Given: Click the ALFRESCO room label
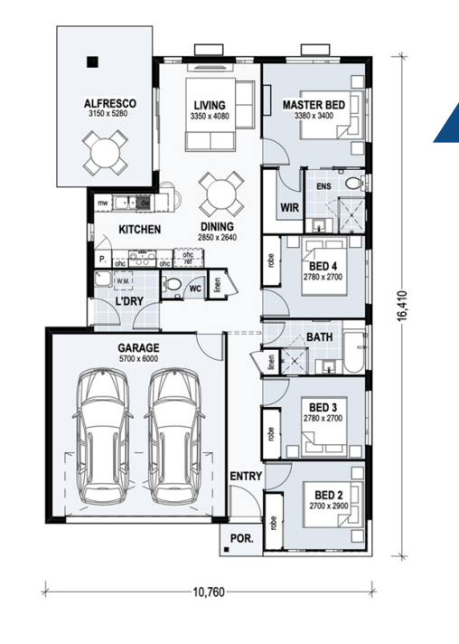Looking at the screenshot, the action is click(x=109, y=103).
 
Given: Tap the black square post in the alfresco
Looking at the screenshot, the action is click(x=93, y=62).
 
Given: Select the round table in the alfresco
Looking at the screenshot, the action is click(x=104, y=152).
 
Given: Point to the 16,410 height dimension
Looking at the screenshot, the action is click(x=402, y=305).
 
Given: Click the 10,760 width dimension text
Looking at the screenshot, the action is click(x=209, y=592).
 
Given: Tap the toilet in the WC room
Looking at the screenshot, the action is click(x=173, y=283).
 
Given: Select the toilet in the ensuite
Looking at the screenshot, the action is click(x=353, y=184).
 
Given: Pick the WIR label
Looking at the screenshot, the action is click(x=290, y=207).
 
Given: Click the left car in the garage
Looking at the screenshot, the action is click(x=104, y=436).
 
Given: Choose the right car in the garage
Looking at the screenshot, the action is click(x=174, y=436).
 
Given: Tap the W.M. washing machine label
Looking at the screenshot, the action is click(x=122, y=281).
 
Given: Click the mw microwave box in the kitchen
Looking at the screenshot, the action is click(x=102, y=203).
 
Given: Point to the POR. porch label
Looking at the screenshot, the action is click(x=241, y=538).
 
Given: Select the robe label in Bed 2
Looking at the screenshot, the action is click(x=274, y=523).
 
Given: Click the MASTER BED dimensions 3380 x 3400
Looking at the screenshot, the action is click(x=314, y=116).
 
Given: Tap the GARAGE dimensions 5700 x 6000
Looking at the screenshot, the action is click(x=138, y=358).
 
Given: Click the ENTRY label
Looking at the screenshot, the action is click(x=246, y=476).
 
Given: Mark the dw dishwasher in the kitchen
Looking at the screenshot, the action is click(x=145, y=203).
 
